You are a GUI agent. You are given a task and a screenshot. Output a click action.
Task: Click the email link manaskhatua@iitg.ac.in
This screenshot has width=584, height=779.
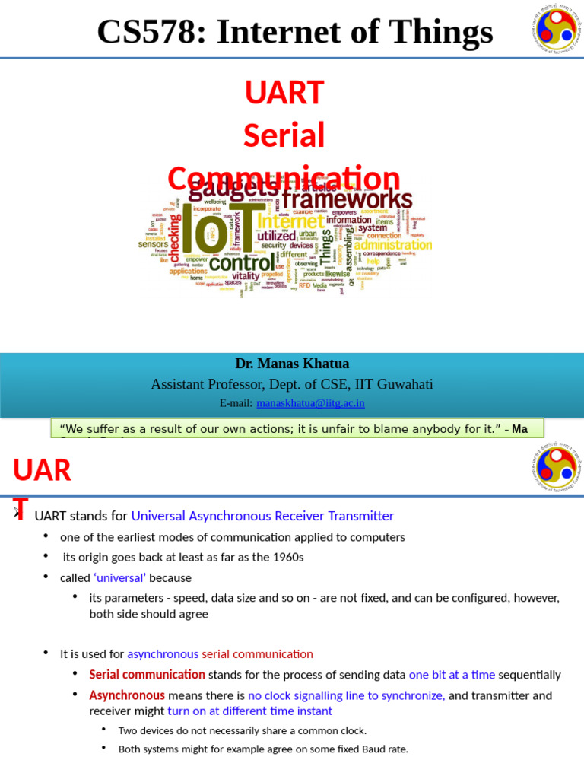[x=310, y=403]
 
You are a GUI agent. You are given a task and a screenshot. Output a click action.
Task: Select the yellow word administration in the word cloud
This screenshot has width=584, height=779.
[x=392, y=245]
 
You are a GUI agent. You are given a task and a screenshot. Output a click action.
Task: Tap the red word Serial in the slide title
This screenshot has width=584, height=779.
[x=284, y=135]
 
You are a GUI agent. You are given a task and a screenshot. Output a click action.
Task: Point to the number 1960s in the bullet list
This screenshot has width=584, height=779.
[x=283, y=557]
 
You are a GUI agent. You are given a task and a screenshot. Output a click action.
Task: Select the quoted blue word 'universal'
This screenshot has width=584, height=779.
[x=119, y=577]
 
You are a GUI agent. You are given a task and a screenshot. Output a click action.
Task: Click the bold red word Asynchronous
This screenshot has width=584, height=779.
[x=127, y=695]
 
